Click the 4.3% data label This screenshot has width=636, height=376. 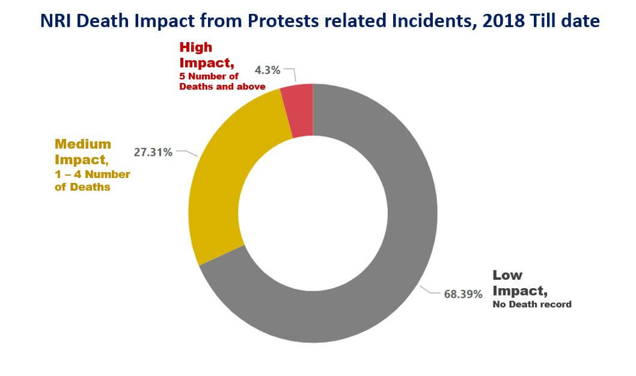tap(268, 70)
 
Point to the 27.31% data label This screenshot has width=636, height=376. tap(153, 152)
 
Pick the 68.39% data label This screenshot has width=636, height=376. tap(463, 294)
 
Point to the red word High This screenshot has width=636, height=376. tap(195, 47)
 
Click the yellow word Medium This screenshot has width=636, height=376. tap(83, 144)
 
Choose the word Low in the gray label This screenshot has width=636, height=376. tap(507, 275)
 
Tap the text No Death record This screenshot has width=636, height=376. tap(531, 304)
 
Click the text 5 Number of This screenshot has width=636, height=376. tap(209, 76)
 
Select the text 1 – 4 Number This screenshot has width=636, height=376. tap(92, 174)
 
